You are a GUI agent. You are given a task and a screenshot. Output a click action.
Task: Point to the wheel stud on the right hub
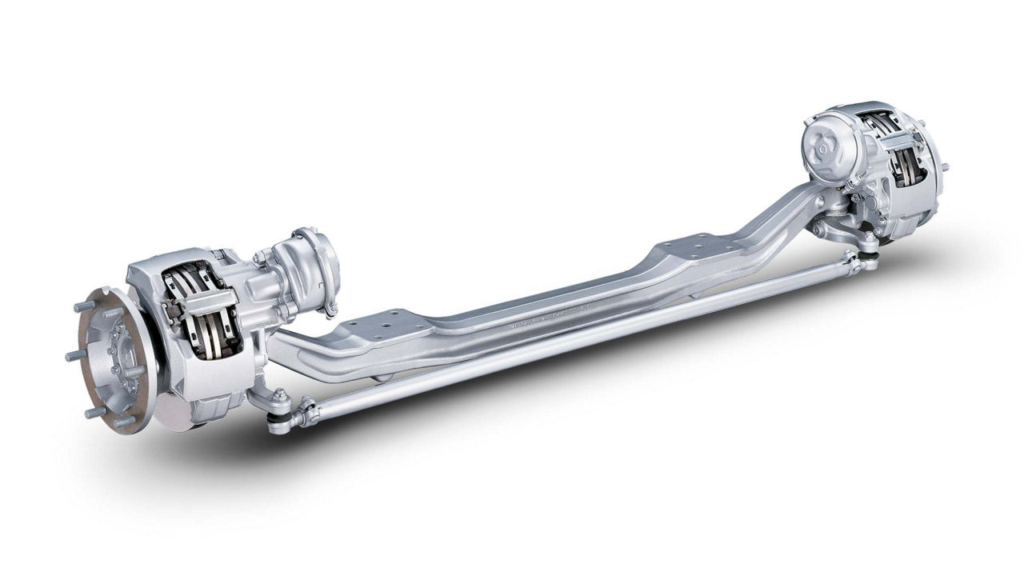click(x=946, y=167)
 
